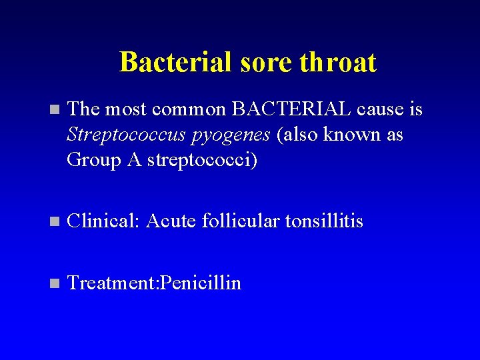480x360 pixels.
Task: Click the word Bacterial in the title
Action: click(175, 63)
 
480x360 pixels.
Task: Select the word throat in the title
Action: click(338, 63)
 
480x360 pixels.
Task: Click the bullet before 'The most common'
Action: click(54, 109)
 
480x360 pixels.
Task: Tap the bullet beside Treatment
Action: click(54, 284)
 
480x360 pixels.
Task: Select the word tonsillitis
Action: click(324, 221)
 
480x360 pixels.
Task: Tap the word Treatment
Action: click(110, 283)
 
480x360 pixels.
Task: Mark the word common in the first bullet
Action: click(189, 109)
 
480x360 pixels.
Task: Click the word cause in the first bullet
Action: click(381, 109)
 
